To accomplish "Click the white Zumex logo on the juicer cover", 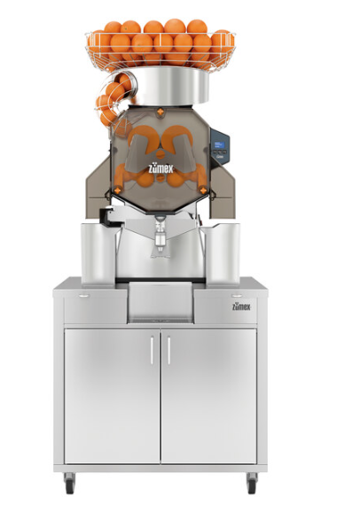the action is point(160,168).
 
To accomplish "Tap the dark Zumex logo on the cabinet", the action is point(241,307).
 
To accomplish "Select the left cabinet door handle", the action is point(153,351).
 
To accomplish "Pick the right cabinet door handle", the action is point(168,351).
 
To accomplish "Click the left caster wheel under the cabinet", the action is point(69,484).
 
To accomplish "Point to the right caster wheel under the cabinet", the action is point(252,484).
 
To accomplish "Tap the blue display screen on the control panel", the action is point(220,144).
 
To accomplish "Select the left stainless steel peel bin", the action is point(98,253).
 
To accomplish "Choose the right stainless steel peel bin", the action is point(222,253).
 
